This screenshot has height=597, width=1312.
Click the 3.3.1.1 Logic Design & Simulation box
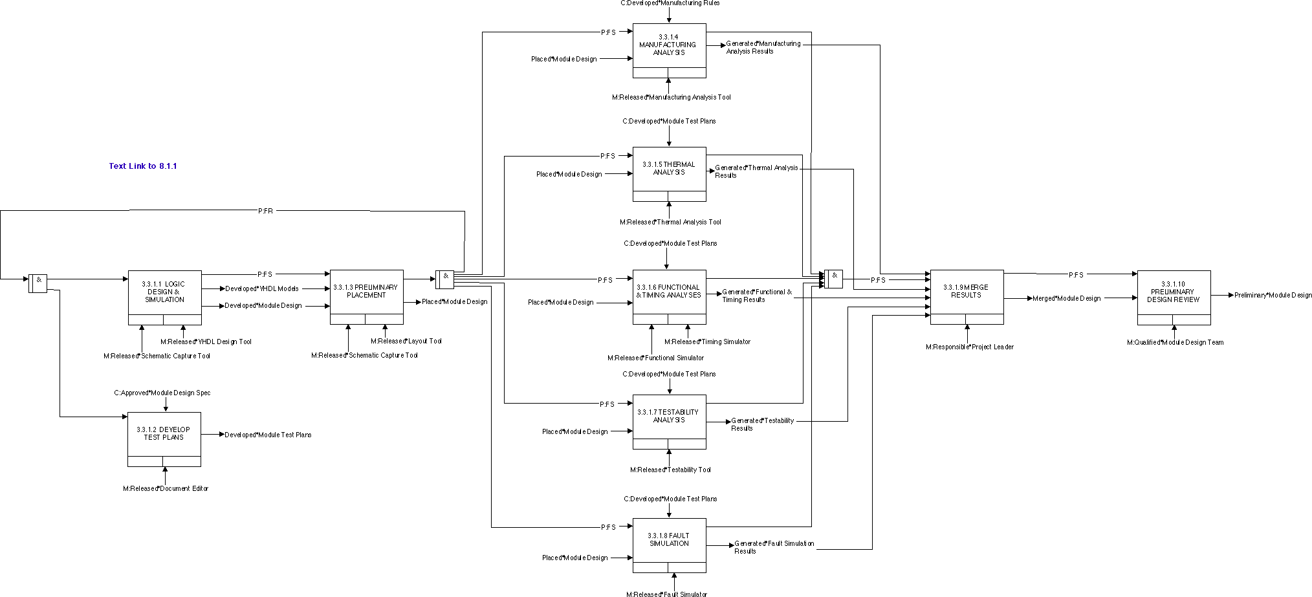[x=164, y=292]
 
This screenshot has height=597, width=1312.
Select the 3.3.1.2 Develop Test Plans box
[x=164, y=434]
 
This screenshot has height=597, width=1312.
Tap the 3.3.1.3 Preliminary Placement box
[x=366, y=292]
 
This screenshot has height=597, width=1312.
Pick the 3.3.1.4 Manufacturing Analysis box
[x=669, y=45]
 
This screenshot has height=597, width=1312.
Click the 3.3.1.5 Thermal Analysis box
[x=669, y=169]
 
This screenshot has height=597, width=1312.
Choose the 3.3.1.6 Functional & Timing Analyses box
[x=669, y=292]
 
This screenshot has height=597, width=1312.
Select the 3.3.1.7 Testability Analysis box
[x=669, y=417]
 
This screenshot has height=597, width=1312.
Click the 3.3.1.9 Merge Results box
[x=967, y=292]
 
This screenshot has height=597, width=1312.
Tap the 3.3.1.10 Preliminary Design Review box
[x=1174, y=292]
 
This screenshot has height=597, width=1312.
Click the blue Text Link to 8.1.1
[x=143, y=166]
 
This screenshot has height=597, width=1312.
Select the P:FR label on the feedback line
[x=265, y=211]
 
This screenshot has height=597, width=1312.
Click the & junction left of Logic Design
[x=38, y=283]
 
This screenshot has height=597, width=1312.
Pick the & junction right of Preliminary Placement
[x=445, y=279]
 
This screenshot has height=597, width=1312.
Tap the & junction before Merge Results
[x=833, y=279]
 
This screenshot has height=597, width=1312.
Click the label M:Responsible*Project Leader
[x=969, y=347]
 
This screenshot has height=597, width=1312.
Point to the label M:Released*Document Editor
[x=166, y=489]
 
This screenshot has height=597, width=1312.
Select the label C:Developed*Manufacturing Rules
[x=670, y=3]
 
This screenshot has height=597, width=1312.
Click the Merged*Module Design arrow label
[x=1066, y=299]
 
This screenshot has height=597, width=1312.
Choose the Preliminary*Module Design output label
[x=1273, y=296]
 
